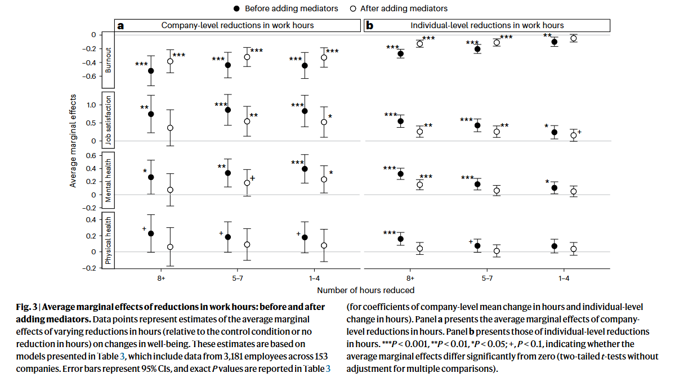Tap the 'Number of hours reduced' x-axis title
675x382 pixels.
pyautogui.click(x=365, y=290)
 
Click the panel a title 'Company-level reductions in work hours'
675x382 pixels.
pyautogui.click(x=238, y=25)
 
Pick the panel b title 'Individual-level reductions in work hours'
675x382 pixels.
pyautogui.click(x=487, y=25)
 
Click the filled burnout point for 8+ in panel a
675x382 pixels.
pyautogui.click(x=151, y=71)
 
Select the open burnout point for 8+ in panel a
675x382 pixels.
pyautogui.click(x=170, y=61)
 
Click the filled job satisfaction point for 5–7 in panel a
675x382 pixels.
pyautogui.click(x=228, y=110)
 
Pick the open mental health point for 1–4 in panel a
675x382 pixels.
pyautogui.click(x=324, y=179)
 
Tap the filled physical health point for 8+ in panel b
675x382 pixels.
pyautogui.click(x=401, y=239)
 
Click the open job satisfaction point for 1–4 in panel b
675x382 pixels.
pyautogui.click(x=574, y=136)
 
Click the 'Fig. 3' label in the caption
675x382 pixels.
pyautogui.click(x=26, y=307)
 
